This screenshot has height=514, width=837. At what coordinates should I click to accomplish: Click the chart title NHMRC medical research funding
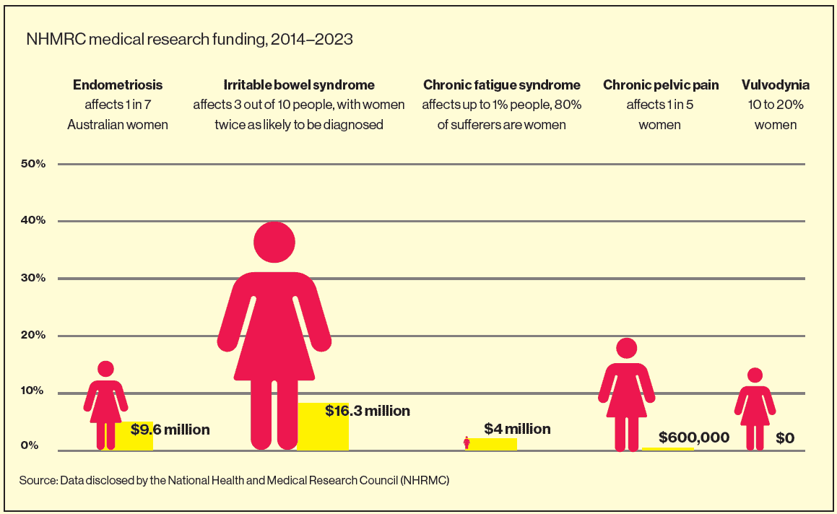click(189, 40)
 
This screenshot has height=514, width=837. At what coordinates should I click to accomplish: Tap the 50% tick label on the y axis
click(33, 164)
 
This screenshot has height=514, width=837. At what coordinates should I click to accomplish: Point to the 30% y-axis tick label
click(33, 278)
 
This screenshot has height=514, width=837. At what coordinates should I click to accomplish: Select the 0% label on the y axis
click(30, 445)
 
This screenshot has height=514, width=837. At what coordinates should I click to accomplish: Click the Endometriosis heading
click(118, 85)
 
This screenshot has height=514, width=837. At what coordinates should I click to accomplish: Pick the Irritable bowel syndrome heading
click(299, 85)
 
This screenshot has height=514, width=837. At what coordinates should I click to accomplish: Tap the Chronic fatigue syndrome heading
click(502, 85)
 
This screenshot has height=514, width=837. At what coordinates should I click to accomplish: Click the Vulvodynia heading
click(776, 85)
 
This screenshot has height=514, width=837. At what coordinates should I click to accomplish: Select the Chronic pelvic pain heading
click(661, 85)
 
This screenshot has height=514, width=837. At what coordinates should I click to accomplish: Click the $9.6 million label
click(170, 430)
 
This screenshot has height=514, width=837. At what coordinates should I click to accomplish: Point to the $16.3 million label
click(367, 411)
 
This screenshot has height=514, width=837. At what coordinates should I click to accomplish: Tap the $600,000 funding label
click(694, 437)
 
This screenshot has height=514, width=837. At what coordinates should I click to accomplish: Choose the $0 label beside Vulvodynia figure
click(785, 437)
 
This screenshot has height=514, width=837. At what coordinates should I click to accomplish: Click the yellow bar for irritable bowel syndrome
click(323, 427)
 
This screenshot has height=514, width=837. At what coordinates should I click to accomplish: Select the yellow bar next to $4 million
click(494, 444)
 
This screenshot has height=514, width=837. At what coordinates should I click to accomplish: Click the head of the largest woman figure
click(274, 243)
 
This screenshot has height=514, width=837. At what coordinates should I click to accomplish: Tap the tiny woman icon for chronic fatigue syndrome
click(467, 443)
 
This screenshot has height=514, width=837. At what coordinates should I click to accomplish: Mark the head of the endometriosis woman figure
click(105, 370)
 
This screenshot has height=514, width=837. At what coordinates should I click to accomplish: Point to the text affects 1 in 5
click(659, 105)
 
